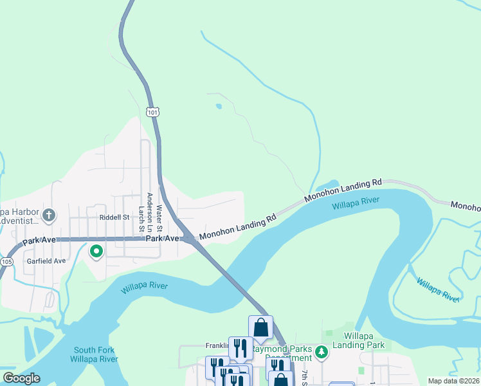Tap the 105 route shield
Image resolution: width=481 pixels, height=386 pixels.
pyautogui.click(x=6, y=262)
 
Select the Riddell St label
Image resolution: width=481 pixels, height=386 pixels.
pyautogui.click(x=114, y=217)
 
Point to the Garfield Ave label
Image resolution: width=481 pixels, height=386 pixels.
pyautogui.click(x=46, y=261)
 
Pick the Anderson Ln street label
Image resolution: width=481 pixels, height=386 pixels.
pyautogui.click(x=150, y=212)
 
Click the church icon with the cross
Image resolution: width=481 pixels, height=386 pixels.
pyautogui.click(x=50, y=214)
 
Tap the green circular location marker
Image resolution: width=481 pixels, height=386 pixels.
pyautogui.click(x=96, y=251)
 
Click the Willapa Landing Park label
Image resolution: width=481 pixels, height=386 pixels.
pyautogui.click(x=364, y=340)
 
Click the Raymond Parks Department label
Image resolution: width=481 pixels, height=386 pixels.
pyautogui.click(x=281, y=353)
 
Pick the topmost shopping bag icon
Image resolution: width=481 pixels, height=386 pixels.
pyautogui.click(x=260, y=327)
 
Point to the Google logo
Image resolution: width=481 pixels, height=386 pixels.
pyautogui.click(x=21, y=378)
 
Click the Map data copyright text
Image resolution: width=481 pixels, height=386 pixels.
pyautogui.click(x=454, y=381)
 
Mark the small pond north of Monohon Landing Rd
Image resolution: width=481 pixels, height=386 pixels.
pyautogui.click(x=219, y=106)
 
